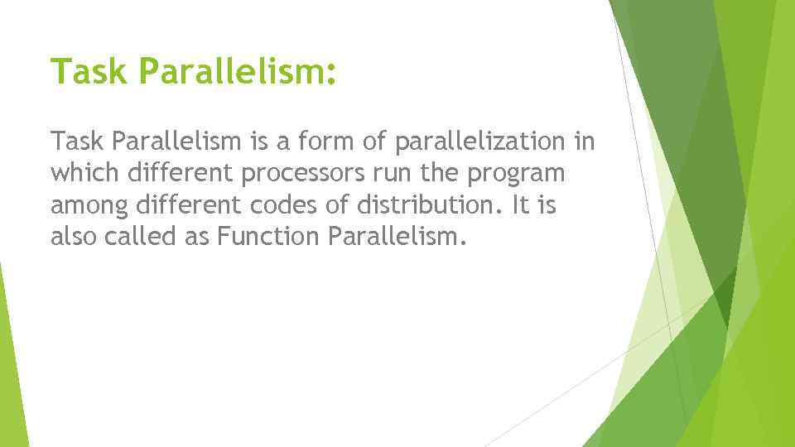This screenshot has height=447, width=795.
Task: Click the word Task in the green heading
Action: (x=89, y=71)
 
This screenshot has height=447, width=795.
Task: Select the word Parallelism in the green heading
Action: (x=225, y=71)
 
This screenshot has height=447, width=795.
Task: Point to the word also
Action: (x=74, y=238)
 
